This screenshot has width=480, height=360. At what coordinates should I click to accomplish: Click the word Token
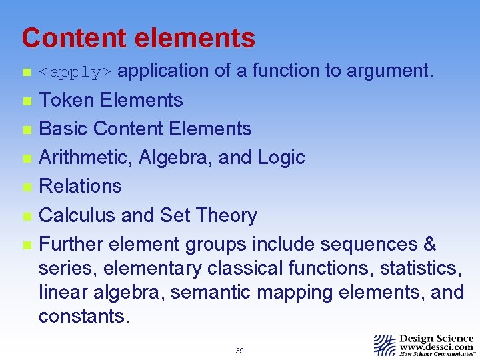[x=67, y=100]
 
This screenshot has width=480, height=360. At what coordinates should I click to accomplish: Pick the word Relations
[x=80, y=186]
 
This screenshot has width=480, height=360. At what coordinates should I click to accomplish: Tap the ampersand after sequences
[x=429, y=244]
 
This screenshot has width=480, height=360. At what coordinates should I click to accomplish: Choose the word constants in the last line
[x=83, y=316]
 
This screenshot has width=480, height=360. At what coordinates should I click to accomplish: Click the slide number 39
[x=239, y=351]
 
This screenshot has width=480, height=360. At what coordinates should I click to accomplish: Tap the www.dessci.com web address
[x=437, y=347]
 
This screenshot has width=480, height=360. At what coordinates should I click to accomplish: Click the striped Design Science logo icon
[x=385, y=345]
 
